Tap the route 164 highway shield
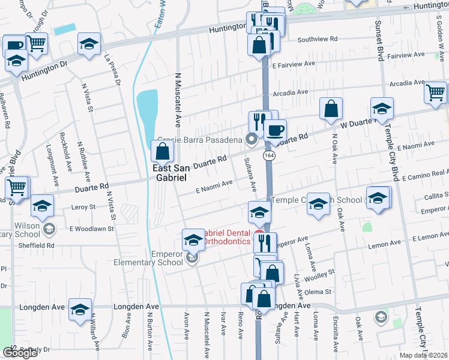[x=268, y=155]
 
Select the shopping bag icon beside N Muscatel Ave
[x=162, y=151]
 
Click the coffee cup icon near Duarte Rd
[x=275, y=130]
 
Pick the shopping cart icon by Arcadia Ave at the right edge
[x=435, y=92]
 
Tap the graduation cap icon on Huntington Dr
[x=89, y=43]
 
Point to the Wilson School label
[x=21, y=229]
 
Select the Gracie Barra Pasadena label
[x=199, y=139]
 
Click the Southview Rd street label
[x=318, y=39]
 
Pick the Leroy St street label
[x=83, y=207]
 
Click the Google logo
[x=20, y=353]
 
